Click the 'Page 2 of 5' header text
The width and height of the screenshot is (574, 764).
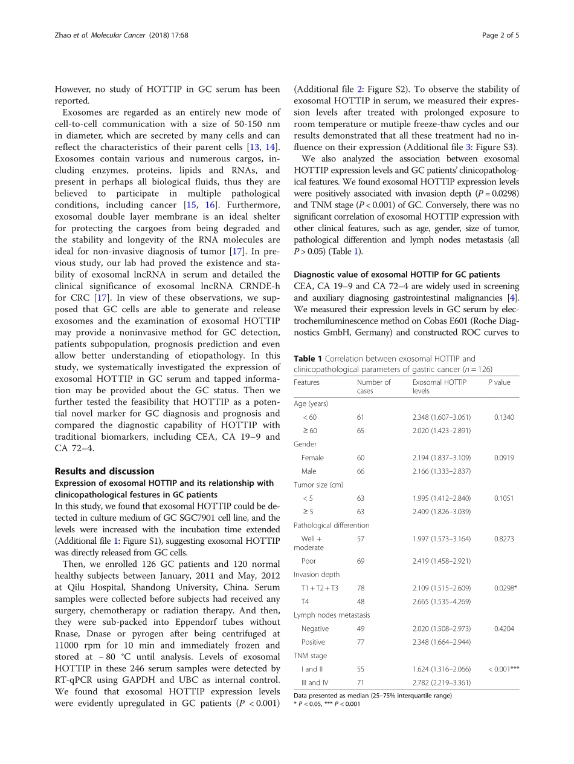tap(501, 34)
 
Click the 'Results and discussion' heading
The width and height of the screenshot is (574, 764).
tap(105, 471)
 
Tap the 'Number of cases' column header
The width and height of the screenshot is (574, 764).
tap(373, 387)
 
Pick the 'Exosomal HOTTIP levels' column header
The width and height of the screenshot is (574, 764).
tap(439, 387)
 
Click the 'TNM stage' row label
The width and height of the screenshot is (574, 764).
tap(310, 656)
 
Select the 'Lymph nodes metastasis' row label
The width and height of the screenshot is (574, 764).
tap(332, 615)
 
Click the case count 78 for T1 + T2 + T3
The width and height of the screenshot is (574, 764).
tap(361, 588)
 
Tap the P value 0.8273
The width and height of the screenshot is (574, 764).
tap(503, 538)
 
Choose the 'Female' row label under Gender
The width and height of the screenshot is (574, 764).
tap(312, 458)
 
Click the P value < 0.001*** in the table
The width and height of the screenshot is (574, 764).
tap(503, 669)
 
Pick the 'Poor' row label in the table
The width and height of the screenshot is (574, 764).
tap(308, 561)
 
